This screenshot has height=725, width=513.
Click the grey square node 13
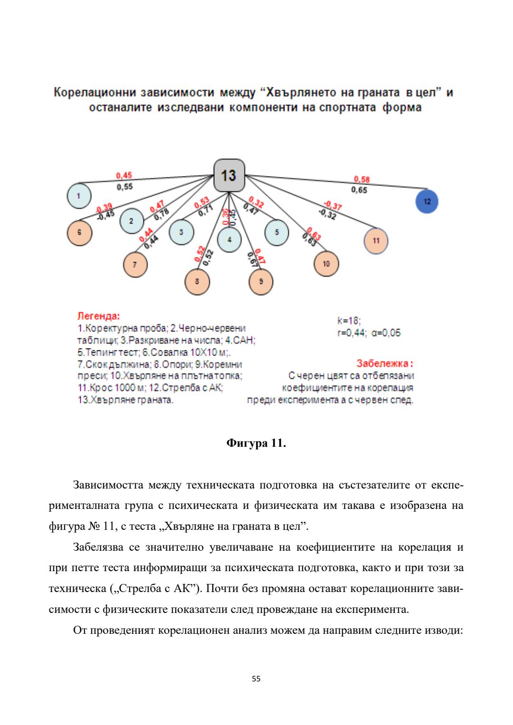click(229, 175)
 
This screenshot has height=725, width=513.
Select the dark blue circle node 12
click(427, 201)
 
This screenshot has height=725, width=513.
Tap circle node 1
click(79, 196)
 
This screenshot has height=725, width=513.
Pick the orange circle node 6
click(79, 233)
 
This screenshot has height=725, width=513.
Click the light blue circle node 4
click(229, 240)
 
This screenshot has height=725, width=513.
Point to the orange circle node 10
click(326, 264)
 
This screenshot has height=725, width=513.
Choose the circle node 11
click(376, 241)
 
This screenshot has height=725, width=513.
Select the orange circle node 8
click(197, 282)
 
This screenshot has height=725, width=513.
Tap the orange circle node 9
click(261, 282)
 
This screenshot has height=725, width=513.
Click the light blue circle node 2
click(132, 221)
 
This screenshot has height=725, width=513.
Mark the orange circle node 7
click(135, 264)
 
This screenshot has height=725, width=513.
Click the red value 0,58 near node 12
click(361, 179)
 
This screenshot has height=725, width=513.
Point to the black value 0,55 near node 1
click(125, 187)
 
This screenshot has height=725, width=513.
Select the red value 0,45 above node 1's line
click(124, 176)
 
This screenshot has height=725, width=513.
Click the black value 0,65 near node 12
click(359, 190)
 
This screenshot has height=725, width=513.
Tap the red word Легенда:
click(99, 316)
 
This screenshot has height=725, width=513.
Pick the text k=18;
click(349, 320)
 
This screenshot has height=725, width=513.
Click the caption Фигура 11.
click(256, 443)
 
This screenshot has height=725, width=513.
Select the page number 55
click(256, 678)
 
